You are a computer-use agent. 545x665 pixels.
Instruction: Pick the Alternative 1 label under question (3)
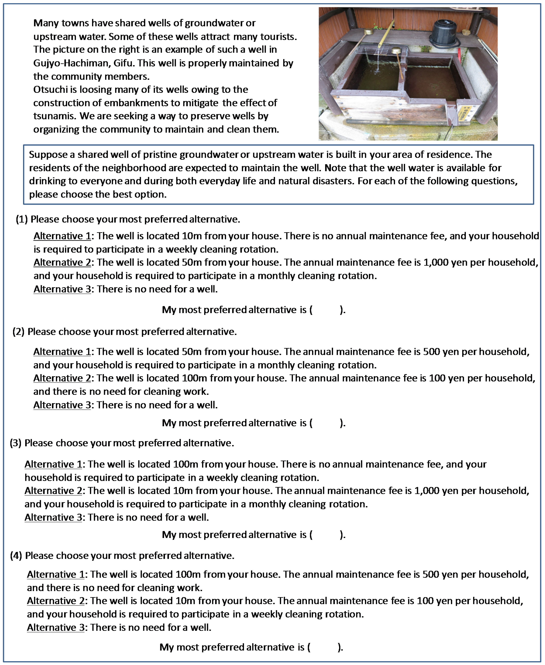(53, 464)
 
